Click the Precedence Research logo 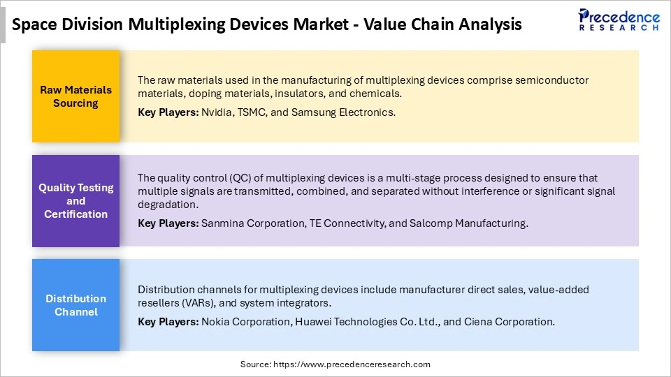(x=619, y=20)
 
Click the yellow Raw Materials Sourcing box (x=76, y=96)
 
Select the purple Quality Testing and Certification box (x=76, y=201)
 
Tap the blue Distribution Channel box (x=76, y=305)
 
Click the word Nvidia (x=218, y=112)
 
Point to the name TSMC (x=255, y=112)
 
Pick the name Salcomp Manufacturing (x=464, y=223)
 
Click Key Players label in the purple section (x=168, y=223)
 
